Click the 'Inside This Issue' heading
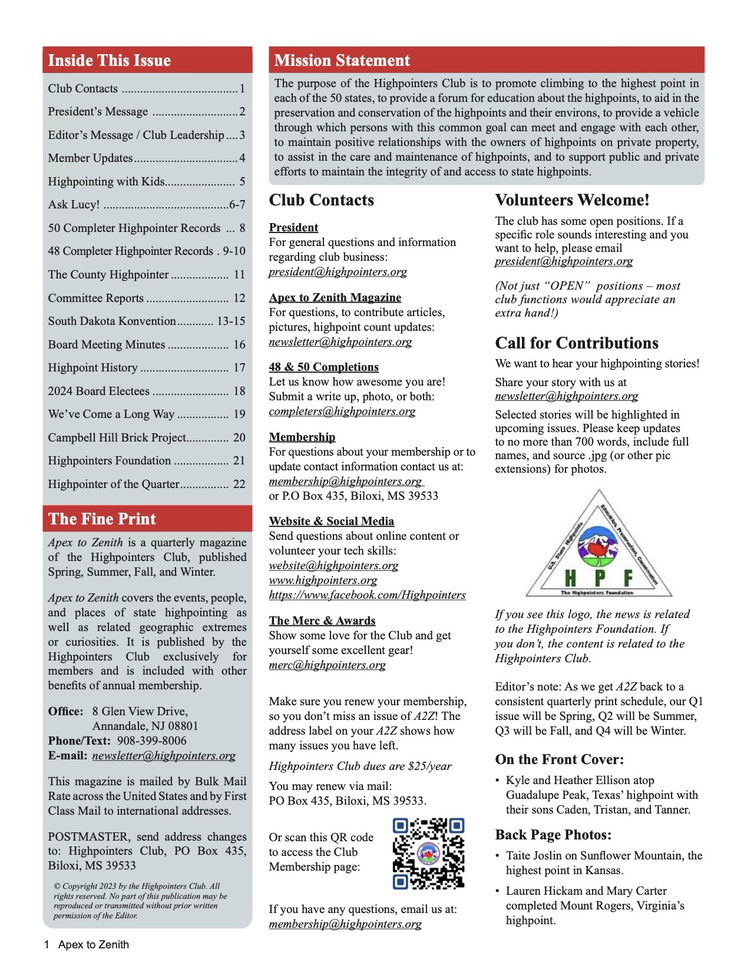tap(110, 61)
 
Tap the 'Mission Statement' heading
tap(342, 61)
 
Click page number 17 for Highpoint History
tap(239, 368)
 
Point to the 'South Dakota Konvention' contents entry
tap(112, 321)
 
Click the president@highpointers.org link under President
tap(338, 272)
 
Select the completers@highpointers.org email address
tap(342, 411)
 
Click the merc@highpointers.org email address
tap(328, 665)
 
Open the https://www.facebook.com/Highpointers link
tap(367, 595)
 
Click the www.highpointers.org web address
tap(323, 580)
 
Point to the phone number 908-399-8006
tap(152, 741)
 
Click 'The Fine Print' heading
tap(102, 519)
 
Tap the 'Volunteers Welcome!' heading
tap(572, 201)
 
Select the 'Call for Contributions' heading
tap(577, 343)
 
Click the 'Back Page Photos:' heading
tap(553, 835)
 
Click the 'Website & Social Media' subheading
tap(331, 522)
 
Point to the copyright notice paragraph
tap(140, 901)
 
